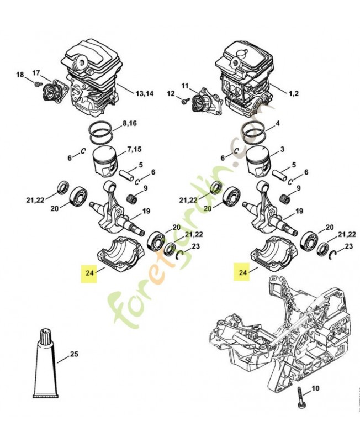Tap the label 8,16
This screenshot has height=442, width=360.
click(129, 123)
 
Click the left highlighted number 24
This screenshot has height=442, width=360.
click(89, 272)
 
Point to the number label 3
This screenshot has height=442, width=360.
click(282, 150)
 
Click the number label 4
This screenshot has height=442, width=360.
click(277, 123)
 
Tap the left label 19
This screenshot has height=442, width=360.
click(146, 211)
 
